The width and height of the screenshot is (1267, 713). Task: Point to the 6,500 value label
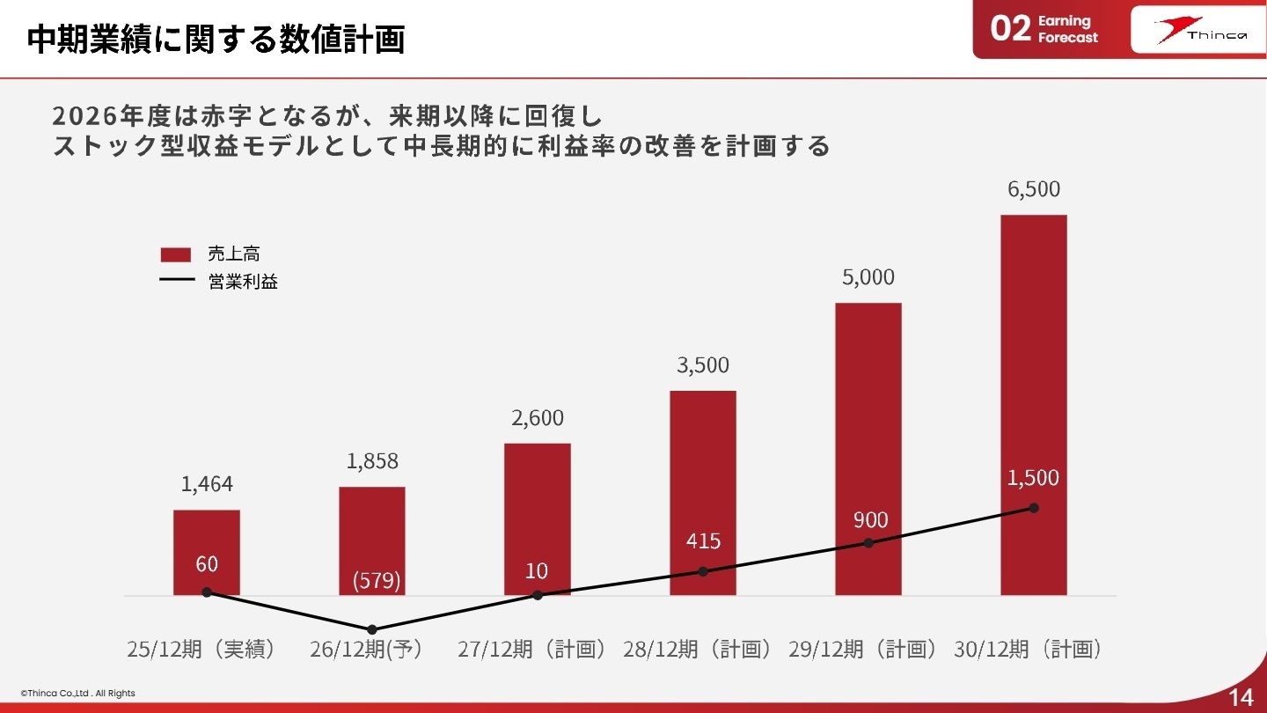tap(1034, 189)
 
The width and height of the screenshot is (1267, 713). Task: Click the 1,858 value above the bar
tap(372, 461)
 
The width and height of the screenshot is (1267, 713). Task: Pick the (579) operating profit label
tap(376, 581)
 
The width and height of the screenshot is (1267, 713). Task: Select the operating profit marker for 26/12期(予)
tap(372, 629)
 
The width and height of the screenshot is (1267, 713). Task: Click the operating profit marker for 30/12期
tap(1034, 508)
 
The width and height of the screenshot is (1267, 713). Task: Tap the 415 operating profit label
tap(703, 540)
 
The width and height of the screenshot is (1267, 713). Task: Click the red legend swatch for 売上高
tap(176, 254)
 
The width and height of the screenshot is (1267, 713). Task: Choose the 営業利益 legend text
tap(243, 283)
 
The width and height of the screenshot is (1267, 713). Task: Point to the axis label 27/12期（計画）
tap(532, 650)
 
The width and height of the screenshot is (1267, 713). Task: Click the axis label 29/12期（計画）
tap(863, 650)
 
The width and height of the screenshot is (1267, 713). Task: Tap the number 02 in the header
tap(1010, 29)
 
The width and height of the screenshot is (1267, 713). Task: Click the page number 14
tap(1241, 697)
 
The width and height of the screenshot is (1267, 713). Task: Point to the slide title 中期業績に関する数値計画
tap(216, 39)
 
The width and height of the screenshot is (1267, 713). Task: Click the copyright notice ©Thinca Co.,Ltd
tap(78, 694)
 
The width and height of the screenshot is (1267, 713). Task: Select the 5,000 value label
tap(868, 277)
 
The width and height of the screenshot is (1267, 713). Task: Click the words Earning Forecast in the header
tap(1067, 29)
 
